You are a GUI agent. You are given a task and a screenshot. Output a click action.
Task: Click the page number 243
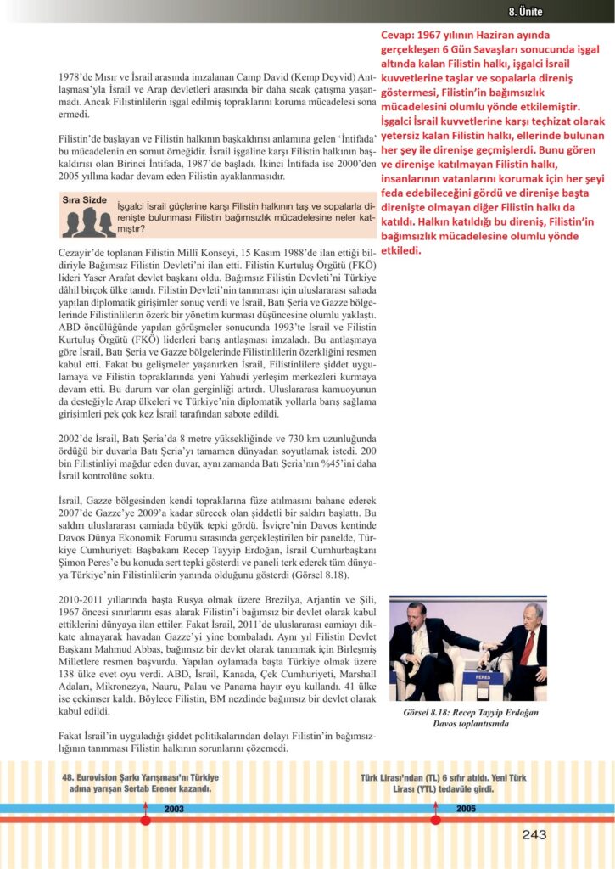tap(534, 836)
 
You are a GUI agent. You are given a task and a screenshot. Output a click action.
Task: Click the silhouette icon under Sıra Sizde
tap(85, 222)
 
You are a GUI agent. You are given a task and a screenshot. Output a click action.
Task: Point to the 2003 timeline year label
tap(175, 808)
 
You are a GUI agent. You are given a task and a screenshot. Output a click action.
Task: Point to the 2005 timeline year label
tap(466, 808)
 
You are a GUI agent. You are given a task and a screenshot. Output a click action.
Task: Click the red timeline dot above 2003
tap(145, 821)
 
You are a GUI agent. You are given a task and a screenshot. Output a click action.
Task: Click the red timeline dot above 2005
tap(436, 821)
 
